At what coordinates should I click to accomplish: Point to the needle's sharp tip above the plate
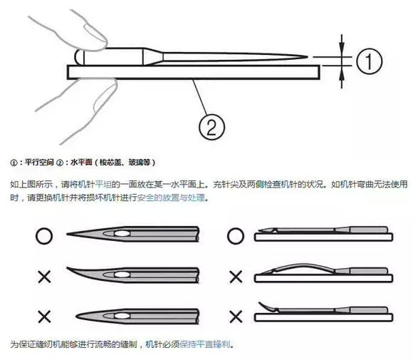point(310,56)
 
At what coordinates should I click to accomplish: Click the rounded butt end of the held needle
point(78,56)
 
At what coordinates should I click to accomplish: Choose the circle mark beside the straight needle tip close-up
point(43,234)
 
